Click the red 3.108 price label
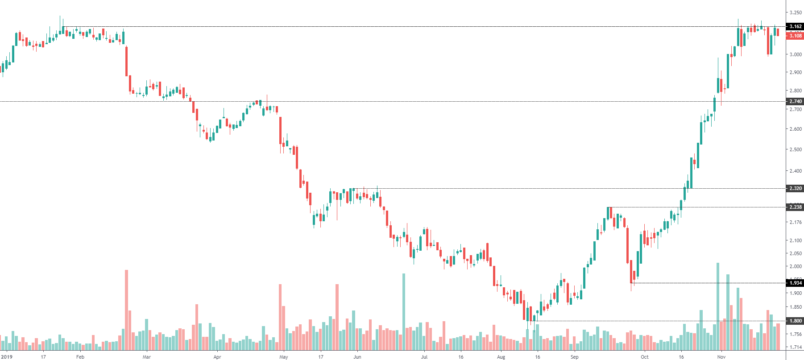pos(795,36)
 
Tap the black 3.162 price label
pos(795,26)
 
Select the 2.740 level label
pos(795,101)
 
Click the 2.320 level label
pos(795,188)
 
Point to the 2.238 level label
pos(795,207)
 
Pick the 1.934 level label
pos(795,283)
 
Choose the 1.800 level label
pos(795,321)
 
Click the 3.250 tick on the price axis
pos(795,12)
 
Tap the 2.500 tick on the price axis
pos(795,149)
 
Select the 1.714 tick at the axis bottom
pos(795,347)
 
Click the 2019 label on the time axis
pos(7,357)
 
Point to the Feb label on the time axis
pos(80,357)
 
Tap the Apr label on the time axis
pos(217,357)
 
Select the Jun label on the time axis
pos(357,357)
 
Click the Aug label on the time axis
pos(501,357)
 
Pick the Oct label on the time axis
pos(644,357)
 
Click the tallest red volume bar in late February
pos(126,310)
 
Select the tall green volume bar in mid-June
pos(404,312)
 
